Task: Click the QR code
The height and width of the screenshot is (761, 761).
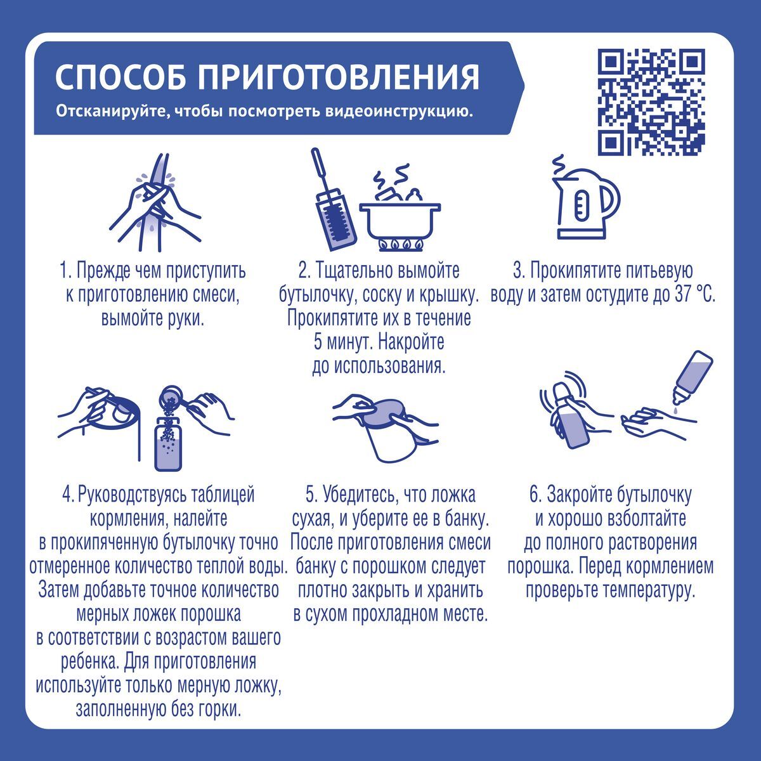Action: pos(651,101)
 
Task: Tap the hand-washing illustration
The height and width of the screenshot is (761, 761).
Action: pos(155,202)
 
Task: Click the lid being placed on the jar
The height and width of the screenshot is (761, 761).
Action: pos(382,413)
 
